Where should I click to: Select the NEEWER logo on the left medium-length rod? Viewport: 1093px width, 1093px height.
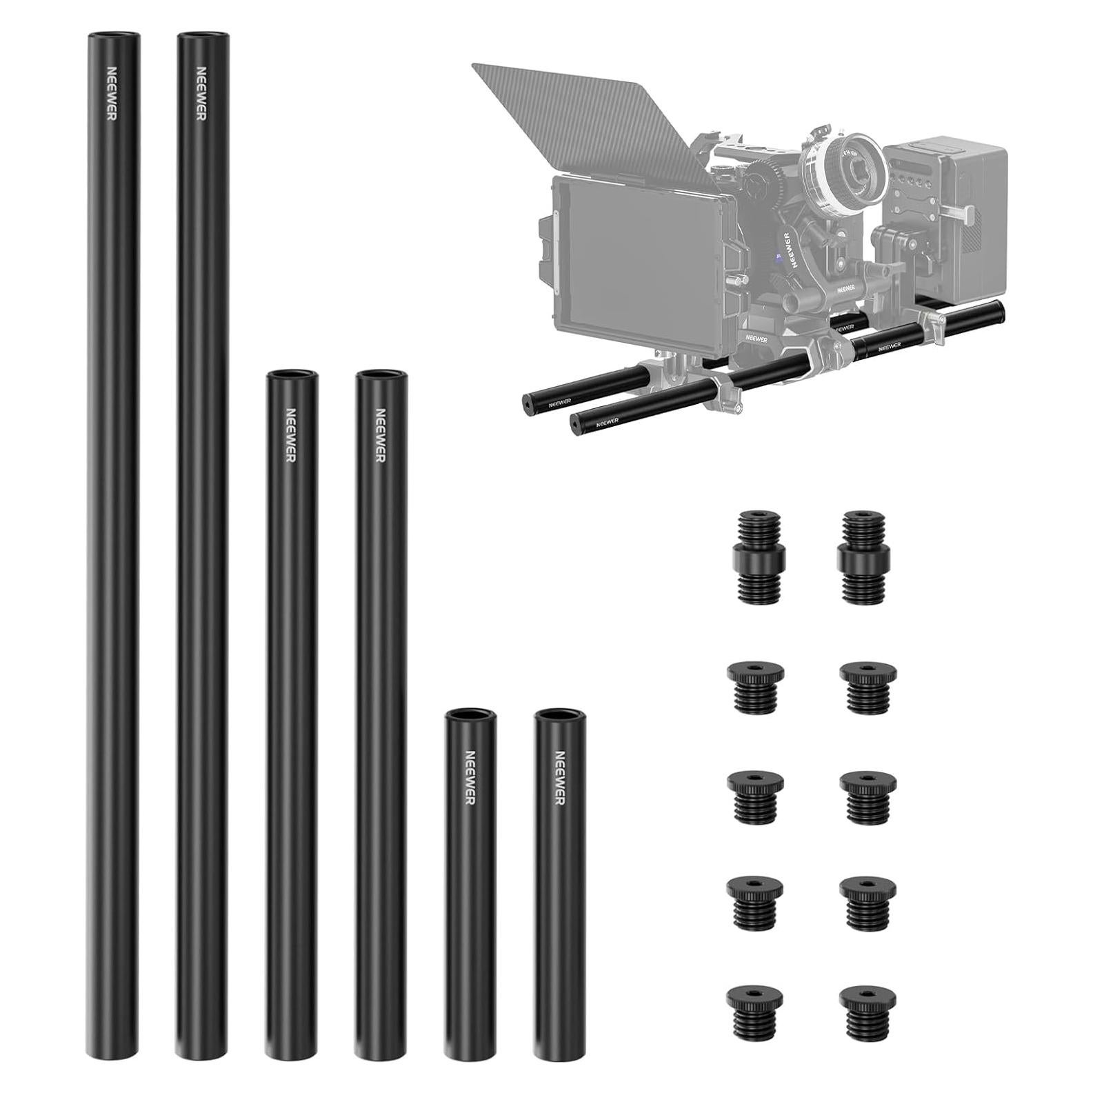point(290,435)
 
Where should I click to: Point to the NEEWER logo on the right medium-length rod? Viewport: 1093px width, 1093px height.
point(379,435)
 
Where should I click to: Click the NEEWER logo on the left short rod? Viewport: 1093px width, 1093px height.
point(470,776)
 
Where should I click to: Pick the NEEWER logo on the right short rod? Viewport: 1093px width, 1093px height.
point(559,776)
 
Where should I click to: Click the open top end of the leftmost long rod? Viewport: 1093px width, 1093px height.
point(113,35)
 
